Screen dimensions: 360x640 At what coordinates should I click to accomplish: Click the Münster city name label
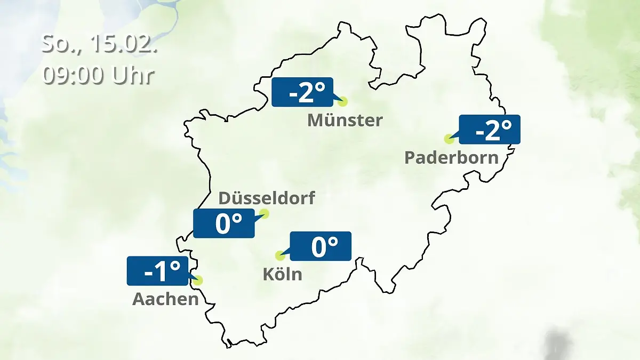click(x=345, y=120)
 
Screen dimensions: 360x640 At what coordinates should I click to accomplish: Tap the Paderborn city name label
click(x=451, y=158)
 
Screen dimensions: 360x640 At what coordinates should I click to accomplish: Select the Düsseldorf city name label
click(x=267, y=198)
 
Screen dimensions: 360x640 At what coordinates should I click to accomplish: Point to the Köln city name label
click(x=282, y=274)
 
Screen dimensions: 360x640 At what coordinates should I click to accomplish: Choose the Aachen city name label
click(x=165, y=299)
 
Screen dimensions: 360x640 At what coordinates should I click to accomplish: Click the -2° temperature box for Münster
click(x=302, y=92)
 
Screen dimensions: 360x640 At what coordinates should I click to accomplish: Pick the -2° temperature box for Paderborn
click(x=490, y=130)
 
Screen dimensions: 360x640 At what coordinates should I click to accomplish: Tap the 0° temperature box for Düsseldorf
click(x=224, y=223)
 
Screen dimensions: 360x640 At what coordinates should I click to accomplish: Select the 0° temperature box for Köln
click(x=320, y=246)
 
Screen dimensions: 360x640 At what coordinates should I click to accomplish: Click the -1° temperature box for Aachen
click(x=158, y=271)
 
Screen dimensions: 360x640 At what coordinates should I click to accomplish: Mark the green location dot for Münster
click(x=342, y=101)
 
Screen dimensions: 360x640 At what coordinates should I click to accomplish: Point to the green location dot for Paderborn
click(x=449, y=139)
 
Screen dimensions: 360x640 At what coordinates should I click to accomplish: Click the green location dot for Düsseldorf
click(x=264, y=214)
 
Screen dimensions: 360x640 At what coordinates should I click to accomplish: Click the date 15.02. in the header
click(x=123, y=44)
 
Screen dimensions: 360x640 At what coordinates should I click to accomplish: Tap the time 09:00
click(x=74, y=75)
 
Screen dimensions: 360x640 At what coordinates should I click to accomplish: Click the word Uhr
click(x=133, y=75)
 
